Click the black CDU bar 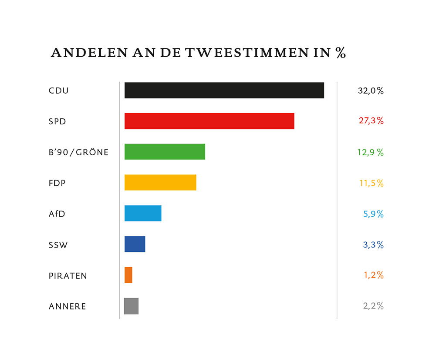[x=224, y=90]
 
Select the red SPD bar [x=209, y=121]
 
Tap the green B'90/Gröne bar [x=165, y=152]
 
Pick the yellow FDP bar [x=160, y=183]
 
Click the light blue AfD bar [x=143, y=213]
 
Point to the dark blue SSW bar [x=135, y=244]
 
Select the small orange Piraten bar [x=128, y=275]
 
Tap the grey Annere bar [x=131, y=306]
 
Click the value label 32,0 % [x=371, y=91]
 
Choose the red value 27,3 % [x=371, y=121]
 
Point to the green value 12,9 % [x=370, y=153]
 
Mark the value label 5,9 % [x=373, y=214]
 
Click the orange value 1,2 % [x=373, y=275]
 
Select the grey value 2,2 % [x=373, y=306]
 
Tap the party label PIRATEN [x=68, y=276]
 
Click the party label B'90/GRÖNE [x=78, y=153]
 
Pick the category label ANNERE [x=67, y=306]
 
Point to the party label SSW [x=58, y=245]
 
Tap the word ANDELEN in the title [x=89, y=53]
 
